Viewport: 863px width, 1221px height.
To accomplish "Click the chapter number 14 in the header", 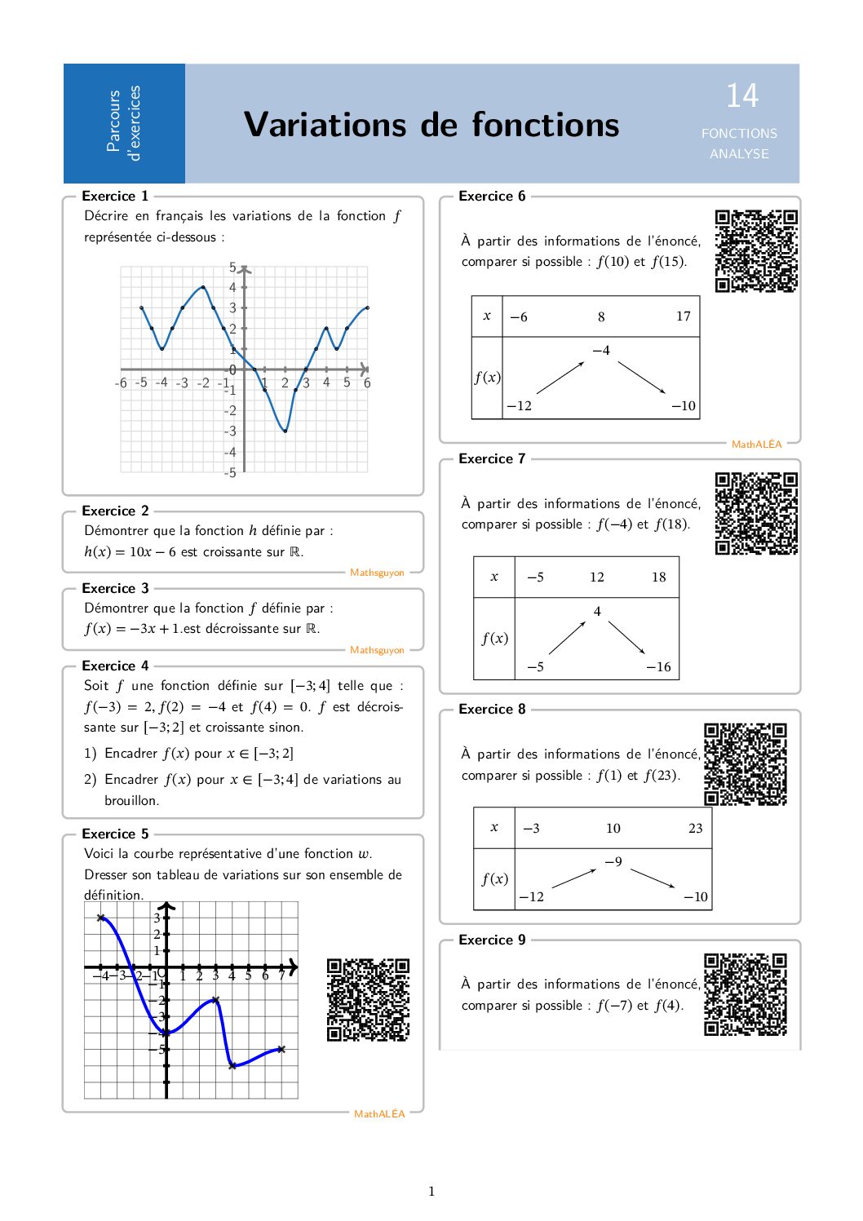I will (x=742, y=96).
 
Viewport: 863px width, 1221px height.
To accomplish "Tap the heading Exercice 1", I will (x=115, y=196).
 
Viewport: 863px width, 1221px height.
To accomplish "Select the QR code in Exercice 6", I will (x=756, y=250).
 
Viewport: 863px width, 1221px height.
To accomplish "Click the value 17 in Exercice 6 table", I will (x=683, y=316).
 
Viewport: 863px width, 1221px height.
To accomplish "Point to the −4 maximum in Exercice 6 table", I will (x=600, y=351).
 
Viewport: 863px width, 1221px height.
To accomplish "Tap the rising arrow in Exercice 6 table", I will (x=560, y=377).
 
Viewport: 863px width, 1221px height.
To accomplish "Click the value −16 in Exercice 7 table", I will (x=658, y=667).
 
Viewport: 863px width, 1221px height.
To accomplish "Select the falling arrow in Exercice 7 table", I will (x=626, y=638).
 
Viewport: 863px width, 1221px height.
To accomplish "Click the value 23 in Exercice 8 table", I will (x=695, y=829).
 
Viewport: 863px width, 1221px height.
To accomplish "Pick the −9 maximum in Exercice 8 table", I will (x=613, y=862).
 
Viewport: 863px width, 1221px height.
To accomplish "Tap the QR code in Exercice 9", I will (x=745, y=994).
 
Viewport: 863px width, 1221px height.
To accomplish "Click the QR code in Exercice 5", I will (x=368, y=1000).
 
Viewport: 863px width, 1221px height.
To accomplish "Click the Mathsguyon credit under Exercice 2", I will (x=377, y=573).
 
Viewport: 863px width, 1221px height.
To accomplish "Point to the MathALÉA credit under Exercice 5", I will (x=379, y=1114).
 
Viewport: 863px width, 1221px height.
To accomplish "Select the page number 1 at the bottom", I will (x=431, y=1192).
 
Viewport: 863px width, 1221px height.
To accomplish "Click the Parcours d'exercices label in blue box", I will (x=124, y=122).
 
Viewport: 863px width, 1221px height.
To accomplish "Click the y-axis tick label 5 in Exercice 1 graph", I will (x=232, y=268).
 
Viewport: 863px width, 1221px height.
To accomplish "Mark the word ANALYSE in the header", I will (x=739, y=154).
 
